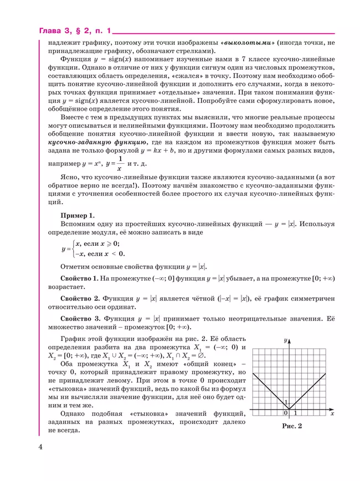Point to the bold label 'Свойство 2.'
point(80,298)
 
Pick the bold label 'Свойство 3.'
point(80,319)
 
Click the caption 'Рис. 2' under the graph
point(292,426)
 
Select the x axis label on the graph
point(331,413)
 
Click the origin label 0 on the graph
point(286,413)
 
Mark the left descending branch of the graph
point(270,391)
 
